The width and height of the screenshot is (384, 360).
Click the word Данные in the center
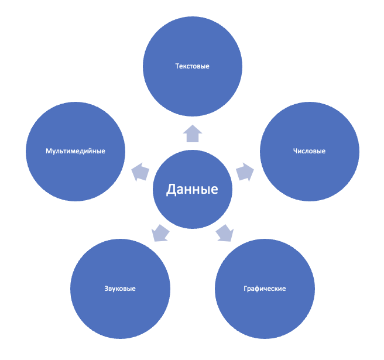tap(192, 189)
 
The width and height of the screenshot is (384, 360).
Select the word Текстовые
tap(192, 66)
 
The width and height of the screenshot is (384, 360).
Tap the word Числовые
tap(309, 151)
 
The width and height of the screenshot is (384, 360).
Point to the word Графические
tap(265, 289)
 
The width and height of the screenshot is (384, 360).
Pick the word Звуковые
tap(120, 289)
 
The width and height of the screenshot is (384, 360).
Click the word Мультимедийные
tap(76, 151)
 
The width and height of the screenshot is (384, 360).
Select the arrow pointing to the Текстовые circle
tap(193, 133)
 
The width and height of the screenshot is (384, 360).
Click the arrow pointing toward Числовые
tap(245, 172)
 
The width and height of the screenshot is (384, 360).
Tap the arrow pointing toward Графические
tap(225, 233)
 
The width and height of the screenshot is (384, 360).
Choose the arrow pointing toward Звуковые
tap(160, 233)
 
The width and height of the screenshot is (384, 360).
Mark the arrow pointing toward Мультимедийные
tap(140, 172)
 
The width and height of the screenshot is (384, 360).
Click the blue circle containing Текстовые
tap(193, 66)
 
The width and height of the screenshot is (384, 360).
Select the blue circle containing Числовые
tap(310, 152)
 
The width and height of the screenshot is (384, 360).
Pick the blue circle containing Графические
tap(265, 289)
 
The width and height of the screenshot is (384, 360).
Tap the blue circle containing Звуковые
tap(120, 289)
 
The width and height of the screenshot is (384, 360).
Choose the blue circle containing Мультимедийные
tap(76, 152)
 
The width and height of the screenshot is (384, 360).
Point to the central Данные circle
tap(193, 189)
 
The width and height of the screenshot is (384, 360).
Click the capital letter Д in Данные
tap(172, 190)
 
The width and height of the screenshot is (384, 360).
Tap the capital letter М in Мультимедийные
tap(49, 151)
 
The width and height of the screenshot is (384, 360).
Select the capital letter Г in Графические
tap(246, 289)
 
